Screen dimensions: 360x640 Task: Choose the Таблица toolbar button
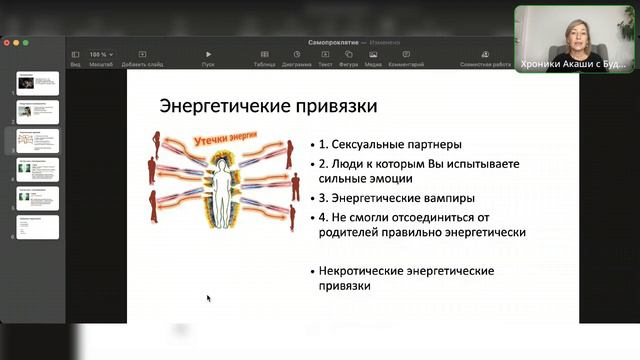click(x=264, y=58)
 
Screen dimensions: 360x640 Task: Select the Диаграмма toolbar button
click(x=296, y=58)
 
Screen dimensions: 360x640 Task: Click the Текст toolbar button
click(x=326, y=58)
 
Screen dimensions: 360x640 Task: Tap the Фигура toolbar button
click(x=349, y=58)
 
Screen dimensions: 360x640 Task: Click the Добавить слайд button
click(x=142, y=58)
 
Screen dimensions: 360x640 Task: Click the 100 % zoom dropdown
click(x=100, y=54)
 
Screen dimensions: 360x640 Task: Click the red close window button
click(x=6, y=43)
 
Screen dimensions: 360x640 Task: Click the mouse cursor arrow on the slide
click(x=209, y=298)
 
